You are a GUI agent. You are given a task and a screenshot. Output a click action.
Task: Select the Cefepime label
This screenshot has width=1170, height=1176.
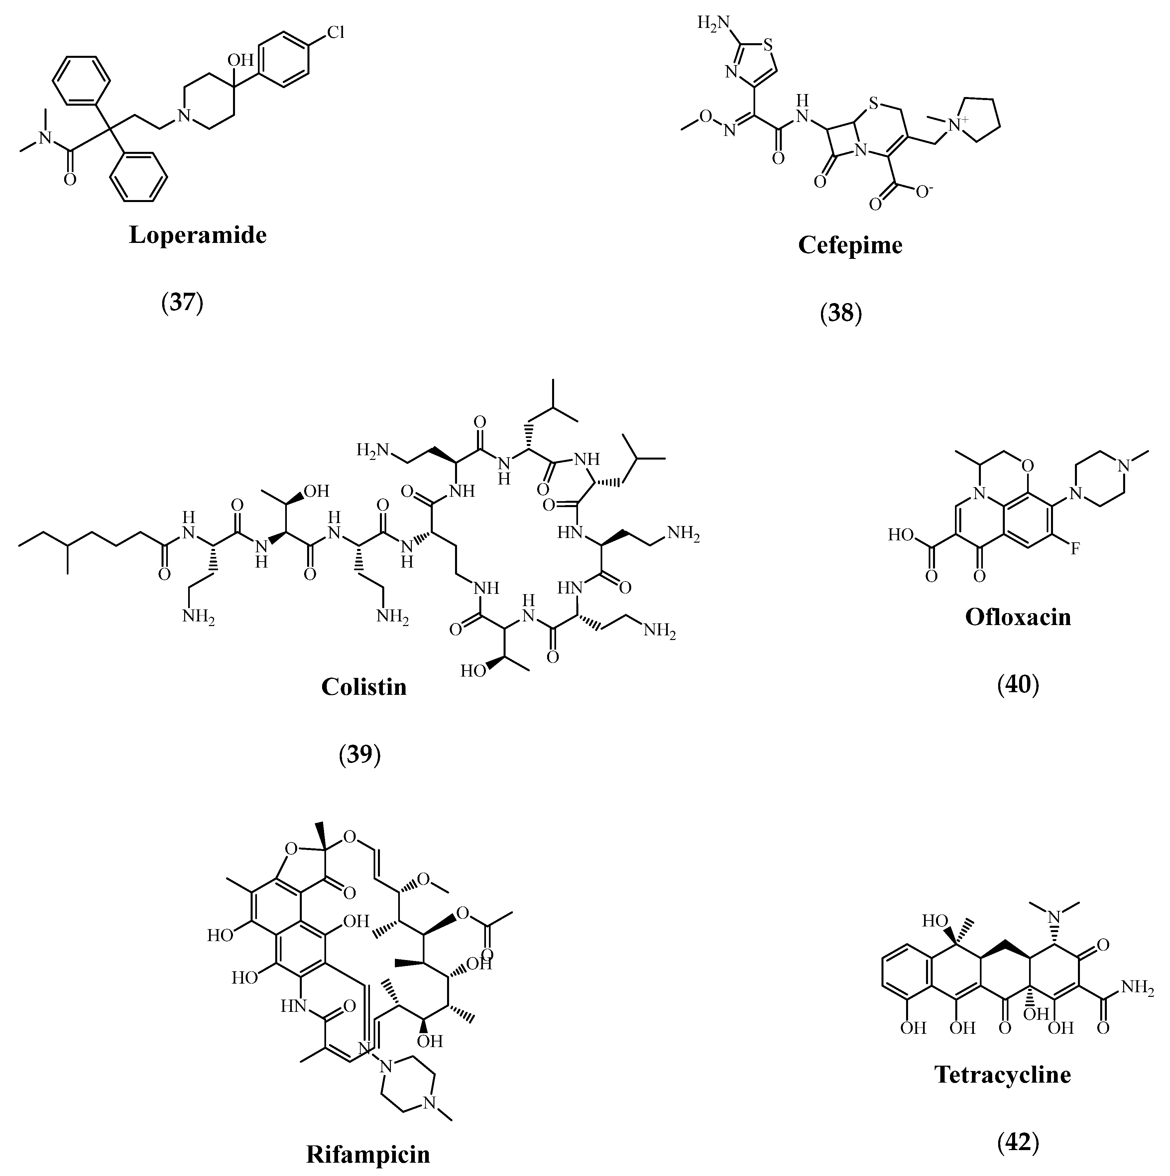(x=851, y=245)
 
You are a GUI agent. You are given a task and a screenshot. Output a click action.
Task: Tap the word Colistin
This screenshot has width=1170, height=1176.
(x=363, y=687)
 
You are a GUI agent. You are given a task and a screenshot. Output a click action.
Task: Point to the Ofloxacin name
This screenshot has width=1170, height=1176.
(x=1018, y=617)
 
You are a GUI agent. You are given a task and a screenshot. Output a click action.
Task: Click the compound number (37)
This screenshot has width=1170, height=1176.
(x=182, y=302)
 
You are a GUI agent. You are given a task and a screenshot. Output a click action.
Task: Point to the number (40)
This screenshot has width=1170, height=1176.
(x=1018, y=685)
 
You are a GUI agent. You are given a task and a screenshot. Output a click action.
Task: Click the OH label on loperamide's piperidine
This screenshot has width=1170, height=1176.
(x=240, y=60)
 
